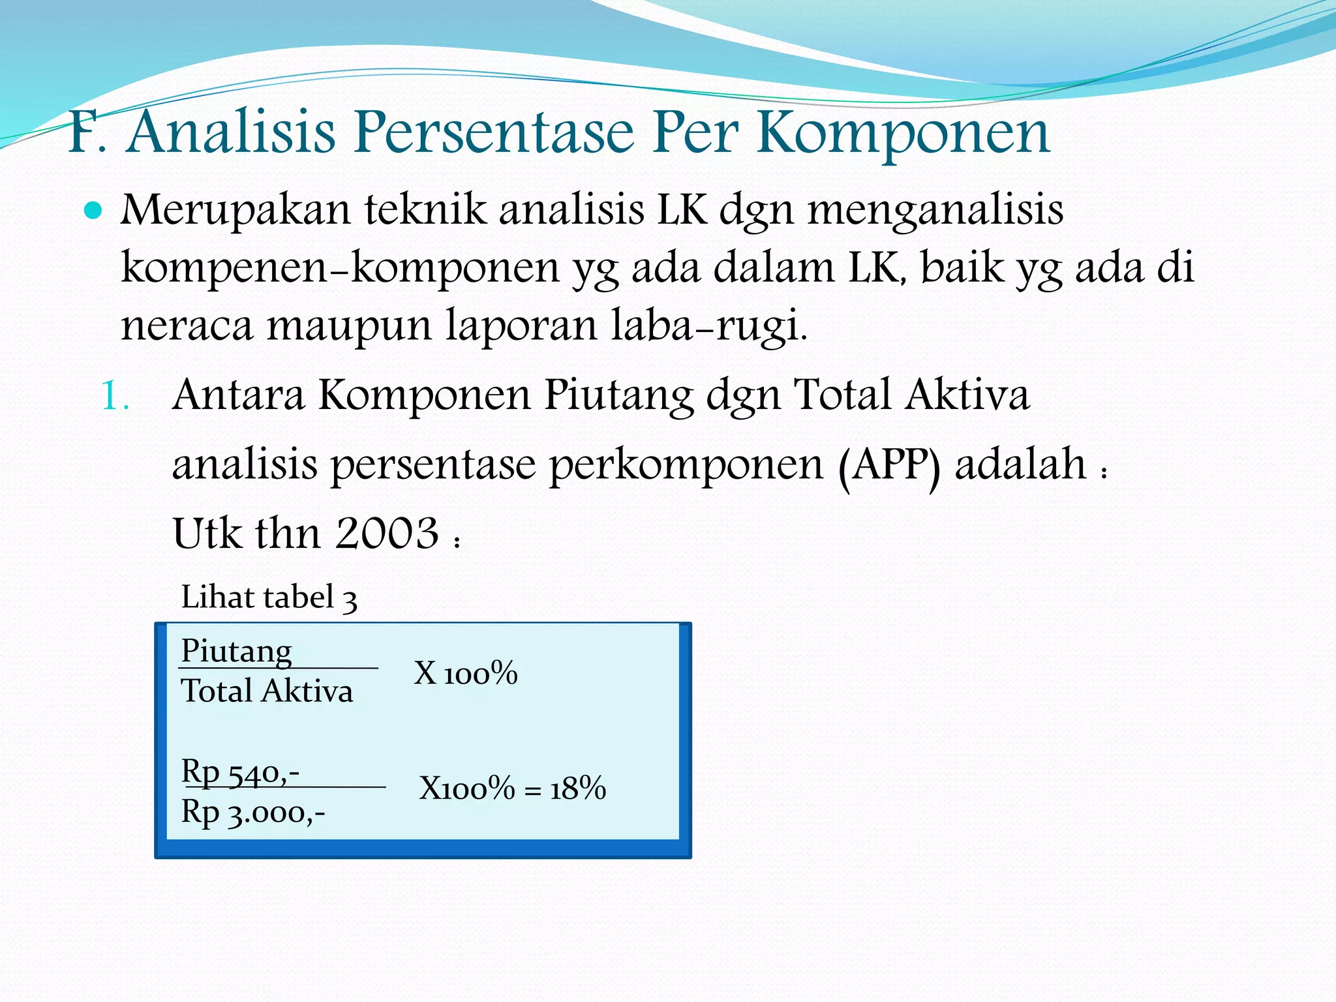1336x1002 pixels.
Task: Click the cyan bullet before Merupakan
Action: pyautogui.click(x=93, y=211)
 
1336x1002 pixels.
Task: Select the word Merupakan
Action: pyautogui.click(x=235, y=211)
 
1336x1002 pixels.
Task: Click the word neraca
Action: pyautogui.click(x=187, y=326)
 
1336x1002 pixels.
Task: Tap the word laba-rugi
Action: pyautogui.click(x=708, y=326)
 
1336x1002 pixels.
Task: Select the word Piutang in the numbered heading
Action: pyautogui.click(x=618, y=396)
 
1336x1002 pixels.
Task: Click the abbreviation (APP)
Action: pyautogui.click(x=889, y=466)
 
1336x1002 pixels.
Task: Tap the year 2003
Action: pyautogui.click(x=386, y=534)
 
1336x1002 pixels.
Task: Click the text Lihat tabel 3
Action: pyautogui.click(x=269, y=597)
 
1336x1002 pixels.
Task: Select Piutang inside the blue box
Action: pyautogui.click(x=236, y=650)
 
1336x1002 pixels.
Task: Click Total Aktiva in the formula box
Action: pyautogui.click(x=267, y=691)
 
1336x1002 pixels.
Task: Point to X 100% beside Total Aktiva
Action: pyautogui.click(x=465, y=673)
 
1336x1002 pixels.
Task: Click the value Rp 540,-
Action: pyautogui.click(x=240, y=772)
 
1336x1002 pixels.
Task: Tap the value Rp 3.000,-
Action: pyautogui.click(x=253, y=813)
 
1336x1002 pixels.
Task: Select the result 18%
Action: pyautogui.click(x=578, y=789)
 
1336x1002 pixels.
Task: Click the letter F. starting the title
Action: pyautogui.click(x=87, y=134)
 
